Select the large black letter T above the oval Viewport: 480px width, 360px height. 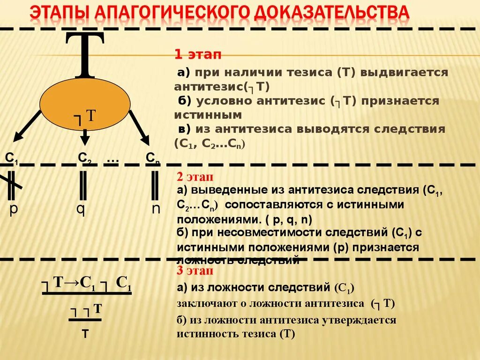click(x=84, y=54)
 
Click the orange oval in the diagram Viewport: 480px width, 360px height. click(x=85, y=101)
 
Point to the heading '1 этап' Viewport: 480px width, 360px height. click(x=197, y=54)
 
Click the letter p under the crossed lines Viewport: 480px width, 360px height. click(x=14, y=208)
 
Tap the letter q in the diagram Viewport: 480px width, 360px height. click(x=81, y=208)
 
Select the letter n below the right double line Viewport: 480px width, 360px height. click(x=156, y=208)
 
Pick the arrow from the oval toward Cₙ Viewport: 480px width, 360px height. click(x=139, y=127)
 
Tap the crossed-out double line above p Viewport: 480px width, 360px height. click(x=12, y=184)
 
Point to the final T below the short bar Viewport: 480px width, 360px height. click(x=85, y=334)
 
